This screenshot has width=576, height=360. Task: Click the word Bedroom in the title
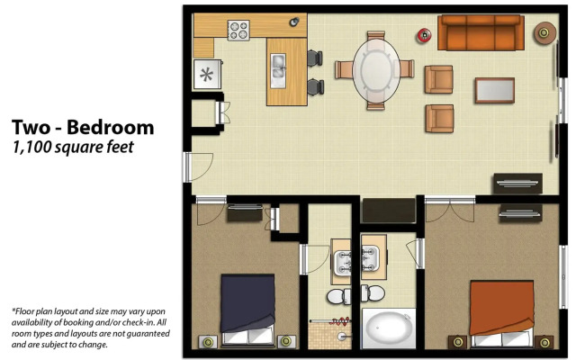point(110,128)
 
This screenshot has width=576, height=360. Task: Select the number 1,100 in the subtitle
point(31,147)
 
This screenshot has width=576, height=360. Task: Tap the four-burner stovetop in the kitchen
point(238,30)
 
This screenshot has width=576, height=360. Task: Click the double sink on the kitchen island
point(278,70)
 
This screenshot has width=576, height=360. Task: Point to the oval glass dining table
point(376,71)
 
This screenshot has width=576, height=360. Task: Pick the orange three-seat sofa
point(481,32)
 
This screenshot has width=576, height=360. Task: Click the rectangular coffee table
point(494,90)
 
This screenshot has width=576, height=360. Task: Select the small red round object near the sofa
point(424,36)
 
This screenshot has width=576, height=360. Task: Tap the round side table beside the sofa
point(544,33)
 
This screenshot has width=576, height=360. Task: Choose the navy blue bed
point(248,310)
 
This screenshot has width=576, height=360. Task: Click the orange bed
point(502,313)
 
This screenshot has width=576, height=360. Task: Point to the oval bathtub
point(388,328)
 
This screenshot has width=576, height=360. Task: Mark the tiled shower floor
point(322,335)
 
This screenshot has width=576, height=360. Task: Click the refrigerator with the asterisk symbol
point(207,75)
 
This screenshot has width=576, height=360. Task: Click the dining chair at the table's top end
point(376,36)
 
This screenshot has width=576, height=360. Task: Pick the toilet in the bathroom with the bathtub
point(373,293)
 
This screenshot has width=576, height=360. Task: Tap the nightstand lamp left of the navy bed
point(208,342)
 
